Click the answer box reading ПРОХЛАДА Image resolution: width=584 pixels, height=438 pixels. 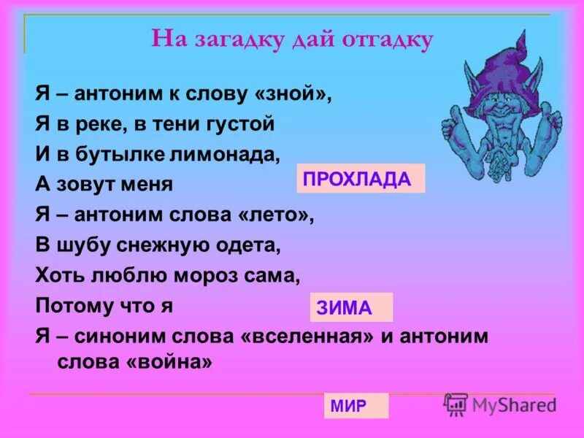tap(360, 179)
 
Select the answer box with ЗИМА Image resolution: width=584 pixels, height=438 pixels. tap(351, 307)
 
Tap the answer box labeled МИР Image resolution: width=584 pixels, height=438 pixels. tap(356, 406)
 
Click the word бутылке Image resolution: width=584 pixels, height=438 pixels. tap(126, 154)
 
